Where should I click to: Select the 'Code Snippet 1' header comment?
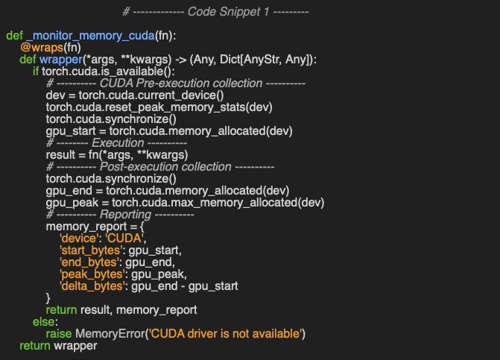point(215,12)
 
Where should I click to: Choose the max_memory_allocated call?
point(238,203)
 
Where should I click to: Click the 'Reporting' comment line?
point(120,215)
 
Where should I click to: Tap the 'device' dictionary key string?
point(77,239)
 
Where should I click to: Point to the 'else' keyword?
point(43,322)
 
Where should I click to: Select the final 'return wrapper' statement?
point(59,346)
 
